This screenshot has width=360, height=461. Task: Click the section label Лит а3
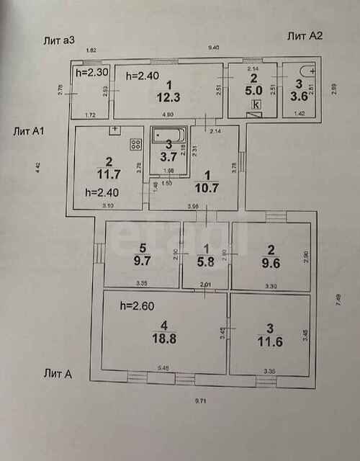tap(58, 40)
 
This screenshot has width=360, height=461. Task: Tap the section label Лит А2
tap(305, 36)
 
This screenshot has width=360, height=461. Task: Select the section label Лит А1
tap(30, 131)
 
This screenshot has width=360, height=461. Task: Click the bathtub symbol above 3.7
tap(168, 134)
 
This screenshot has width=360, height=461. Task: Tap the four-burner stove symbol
tap(134, 144)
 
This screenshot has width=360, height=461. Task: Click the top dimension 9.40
tap(214, 47)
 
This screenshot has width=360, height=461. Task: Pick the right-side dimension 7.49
tap(337, 297)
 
